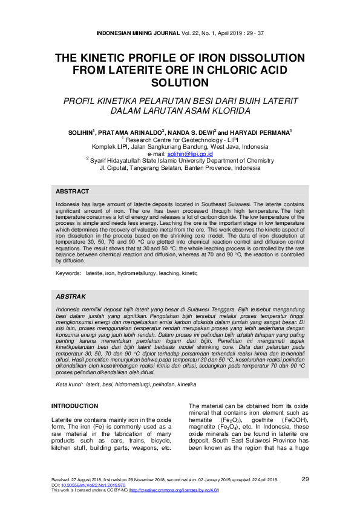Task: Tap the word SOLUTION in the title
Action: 180,82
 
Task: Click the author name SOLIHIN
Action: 82,131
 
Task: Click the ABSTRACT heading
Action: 72,191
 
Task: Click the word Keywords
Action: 68,274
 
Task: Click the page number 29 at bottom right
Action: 305,479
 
